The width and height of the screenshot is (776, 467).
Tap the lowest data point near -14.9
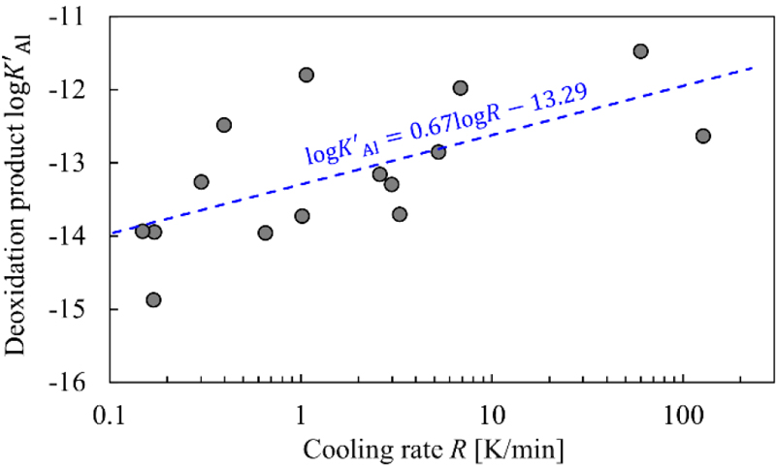pyautogui.click(x=153, y=300)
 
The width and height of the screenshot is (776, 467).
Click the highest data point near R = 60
pyautogui.click(x=640, y=51)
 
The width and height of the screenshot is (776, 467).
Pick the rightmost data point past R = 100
pyautogui.click(x=703, y=136)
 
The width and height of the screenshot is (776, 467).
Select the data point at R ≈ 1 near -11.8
pyautogui.click(x=307, y=75)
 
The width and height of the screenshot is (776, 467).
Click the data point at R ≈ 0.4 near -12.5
pyautogui.click(x=224, y=125)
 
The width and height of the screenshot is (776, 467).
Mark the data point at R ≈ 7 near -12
pyautogui.click(x=460, y=88)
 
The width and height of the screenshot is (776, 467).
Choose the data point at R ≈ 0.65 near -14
pyautogui.click(x=265, y=233)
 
